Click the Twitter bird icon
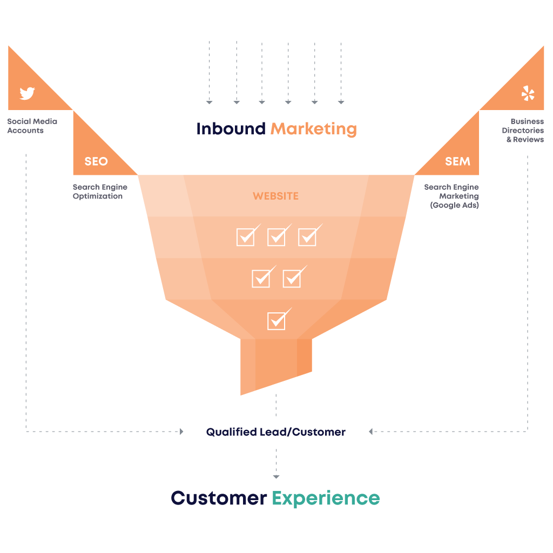point(27,93)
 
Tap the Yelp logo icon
point(528,93)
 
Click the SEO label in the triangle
point(96,161)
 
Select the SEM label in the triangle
point(457,161)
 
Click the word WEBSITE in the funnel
point(275,196)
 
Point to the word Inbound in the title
point(231,129)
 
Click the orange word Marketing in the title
point(313,129)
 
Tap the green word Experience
point(326,497)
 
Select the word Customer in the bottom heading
point(219,497)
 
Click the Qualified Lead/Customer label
point(275,432)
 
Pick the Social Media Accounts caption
point(32,126)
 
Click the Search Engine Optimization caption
point(100,192)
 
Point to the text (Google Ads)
point(454,206)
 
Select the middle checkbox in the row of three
point(276,236)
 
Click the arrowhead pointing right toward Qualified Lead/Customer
point(181,432)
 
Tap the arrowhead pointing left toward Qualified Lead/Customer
point(371,432)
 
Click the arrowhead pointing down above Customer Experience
point(276,477)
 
